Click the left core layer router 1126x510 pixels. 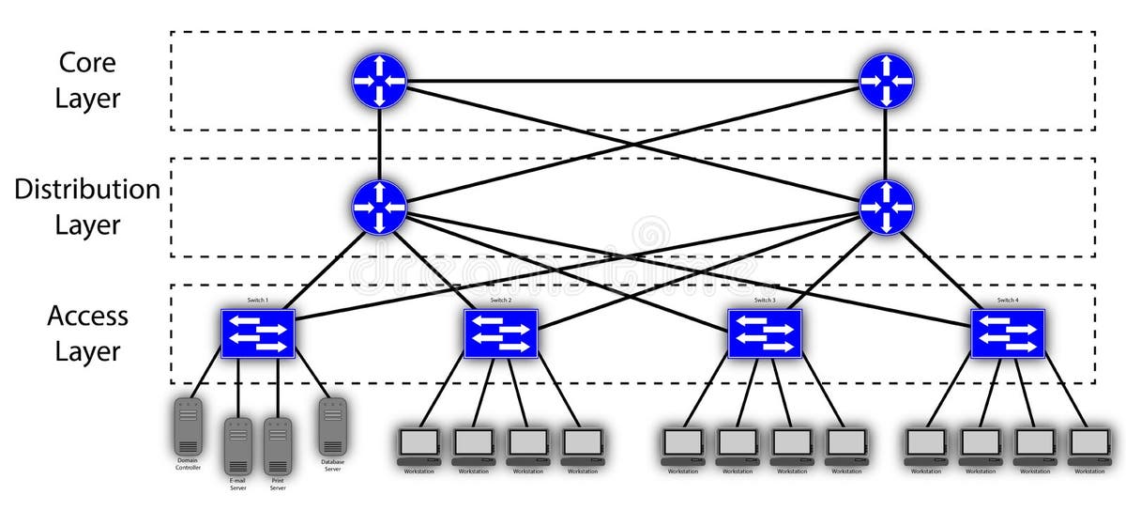tap(379, 81)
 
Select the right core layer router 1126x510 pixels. tap(886, 81)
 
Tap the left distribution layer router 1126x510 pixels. tap(379, 208)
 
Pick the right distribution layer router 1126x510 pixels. tap(886, 208)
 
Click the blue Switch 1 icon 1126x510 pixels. tap(258, 333)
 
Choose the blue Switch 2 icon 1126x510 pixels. tap(501, 333)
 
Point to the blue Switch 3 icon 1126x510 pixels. tap(765, 333)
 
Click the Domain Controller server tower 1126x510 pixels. tap(189, 426)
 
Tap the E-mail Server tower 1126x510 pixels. tap(238, 445)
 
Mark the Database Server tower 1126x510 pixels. tap(332, 426)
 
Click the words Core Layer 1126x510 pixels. tap(88, 81)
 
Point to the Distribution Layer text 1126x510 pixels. tap(87, 208)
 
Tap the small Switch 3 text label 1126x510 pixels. tap(765, 301)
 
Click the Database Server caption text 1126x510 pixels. tap(332, 465)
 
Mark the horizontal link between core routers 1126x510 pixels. tap(632, 81)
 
